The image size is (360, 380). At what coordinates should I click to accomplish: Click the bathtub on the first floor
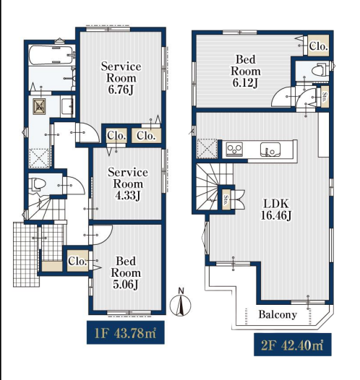51,55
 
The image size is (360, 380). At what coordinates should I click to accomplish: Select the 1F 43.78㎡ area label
125,332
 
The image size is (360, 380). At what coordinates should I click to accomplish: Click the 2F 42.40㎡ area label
292,345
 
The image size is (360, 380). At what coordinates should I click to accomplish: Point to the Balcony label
278,314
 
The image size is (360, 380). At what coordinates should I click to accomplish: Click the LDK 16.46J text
276,210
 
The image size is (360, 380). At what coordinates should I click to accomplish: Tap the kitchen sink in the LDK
270,150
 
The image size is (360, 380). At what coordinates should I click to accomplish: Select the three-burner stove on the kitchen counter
234,149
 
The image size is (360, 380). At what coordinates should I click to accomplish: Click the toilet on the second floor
318,70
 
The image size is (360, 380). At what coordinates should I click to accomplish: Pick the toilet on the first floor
37,185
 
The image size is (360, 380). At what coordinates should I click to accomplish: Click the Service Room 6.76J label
121,78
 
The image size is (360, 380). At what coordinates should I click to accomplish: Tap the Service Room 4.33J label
128,184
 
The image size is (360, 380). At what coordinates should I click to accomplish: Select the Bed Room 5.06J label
126,273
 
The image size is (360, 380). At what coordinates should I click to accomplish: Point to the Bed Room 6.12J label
246,71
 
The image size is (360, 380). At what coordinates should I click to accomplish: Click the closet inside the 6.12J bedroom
318,46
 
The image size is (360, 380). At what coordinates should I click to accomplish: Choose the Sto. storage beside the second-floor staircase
226,200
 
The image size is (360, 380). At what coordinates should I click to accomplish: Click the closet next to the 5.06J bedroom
77,261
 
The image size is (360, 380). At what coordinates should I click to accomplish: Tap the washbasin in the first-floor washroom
67,106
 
